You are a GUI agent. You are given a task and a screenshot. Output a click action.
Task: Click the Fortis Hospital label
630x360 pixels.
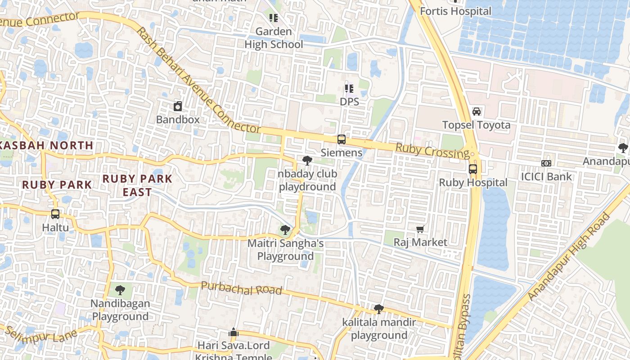(x=455, y=11)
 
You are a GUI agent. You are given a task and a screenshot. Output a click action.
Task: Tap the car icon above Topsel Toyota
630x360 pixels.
(x=477, y=111)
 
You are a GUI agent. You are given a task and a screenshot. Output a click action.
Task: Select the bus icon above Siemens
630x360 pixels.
(x=342, y=139)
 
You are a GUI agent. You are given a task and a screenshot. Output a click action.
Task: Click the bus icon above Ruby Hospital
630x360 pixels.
(x=473, y=169)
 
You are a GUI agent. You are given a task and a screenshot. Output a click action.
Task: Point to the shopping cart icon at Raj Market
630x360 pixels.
(x=420, y=229)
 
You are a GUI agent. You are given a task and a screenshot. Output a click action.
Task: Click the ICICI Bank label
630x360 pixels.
(x=546, y=176)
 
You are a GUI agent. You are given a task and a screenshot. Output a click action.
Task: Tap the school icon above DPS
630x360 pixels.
(x=349, y=89)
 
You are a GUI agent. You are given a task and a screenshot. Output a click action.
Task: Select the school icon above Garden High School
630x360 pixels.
(x=274, y=18)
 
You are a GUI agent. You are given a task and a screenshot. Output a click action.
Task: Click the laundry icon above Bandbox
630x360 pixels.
(x=178, y=107)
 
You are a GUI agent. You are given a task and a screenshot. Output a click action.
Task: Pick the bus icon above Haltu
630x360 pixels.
(x=55, y=214)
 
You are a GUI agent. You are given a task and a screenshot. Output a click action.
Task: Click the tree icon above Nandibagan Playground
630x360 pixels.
(x=120, y=290)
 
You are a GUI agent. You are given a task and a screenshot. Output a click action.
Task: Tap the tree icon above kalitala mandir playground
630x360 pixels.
(x=379, y=309)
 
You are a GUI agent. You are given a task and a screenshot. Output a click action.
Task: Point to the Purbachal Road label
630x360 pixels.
(x=241, y=288)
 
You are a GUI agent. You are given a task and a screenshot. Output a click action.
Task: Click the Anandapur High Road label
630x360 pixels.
(x=570, y=257)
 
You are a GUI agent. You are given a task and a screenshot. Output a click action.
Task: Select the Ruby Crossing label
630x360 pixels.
(x=432, y=151)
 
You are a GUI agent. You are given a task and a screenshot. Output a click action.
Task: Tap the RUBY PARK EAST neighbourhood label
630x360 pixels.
(x=137, y=185)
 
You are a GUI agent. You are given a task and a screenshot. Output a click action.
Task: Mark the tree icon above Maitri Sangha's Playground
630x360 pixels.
(x=285, y=230)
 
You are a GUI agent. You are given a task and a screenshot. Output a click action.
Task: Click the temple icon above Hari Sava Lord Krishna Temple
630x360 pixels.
(x=233, y=333)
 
